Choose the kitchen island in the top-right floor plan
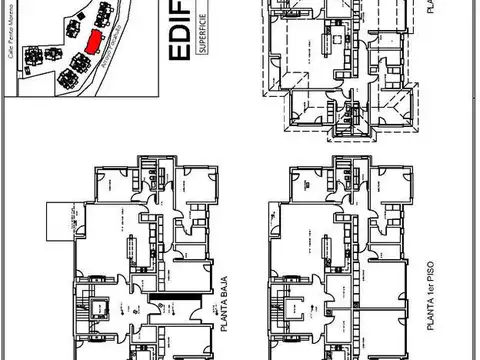(x=332, y=46)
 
